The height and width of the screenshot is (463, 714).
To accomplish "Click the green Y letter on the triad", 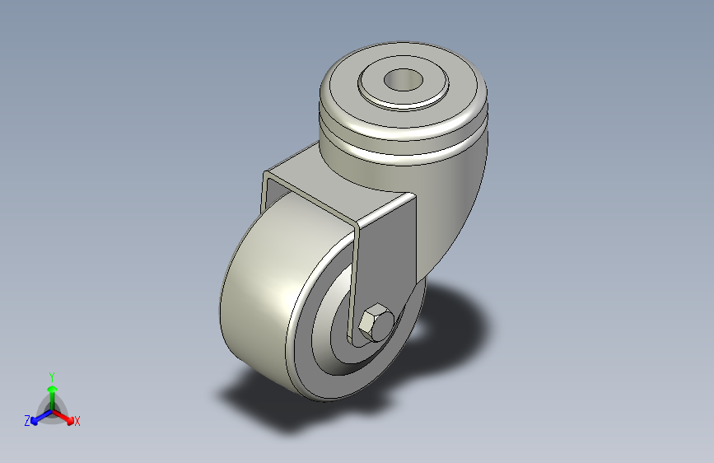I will pos(51,375).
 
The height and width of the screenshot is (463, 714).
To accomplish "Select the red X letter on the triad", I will pos(77,422).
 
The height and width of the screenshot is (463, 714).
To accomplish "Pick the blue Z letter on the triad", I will pos(26,421).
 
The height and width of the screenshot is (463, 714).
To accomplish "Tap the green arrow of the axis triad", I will pos(51,391).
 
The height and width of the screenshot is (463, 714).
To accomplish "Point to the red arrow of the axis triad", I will pos(66,416).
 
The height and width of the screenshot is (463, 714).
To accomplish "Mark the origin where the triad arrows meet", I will pos(51,409).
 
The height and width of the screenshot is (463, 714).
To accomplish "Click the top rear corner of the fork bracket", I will pos(267,175).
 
